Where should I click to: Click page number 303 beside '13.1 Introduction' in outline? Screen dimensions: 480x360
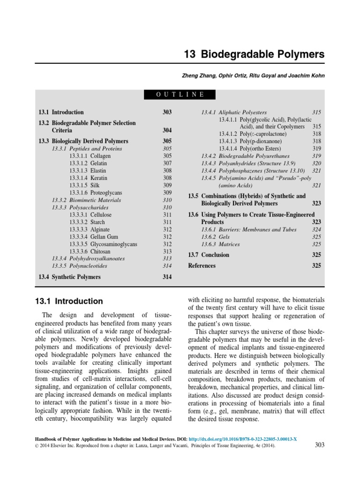pos(167,112)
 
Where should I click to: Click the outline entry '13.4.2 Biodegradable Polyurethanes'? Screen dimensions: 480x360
pos(245,156)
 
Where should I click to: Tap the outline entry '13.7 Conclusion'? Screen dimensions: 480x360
pos(209,255)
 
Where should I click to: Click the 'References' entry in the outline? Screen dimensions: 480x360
pos(202,266)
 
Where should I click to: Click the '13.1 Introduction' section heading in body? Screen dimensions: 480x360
pos(69,301)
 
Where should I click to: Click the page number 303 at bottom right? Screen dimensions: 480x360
pos(318,445)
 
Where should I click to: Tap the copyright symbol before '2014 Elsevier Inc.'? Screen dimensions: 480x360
pos(38,447)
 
